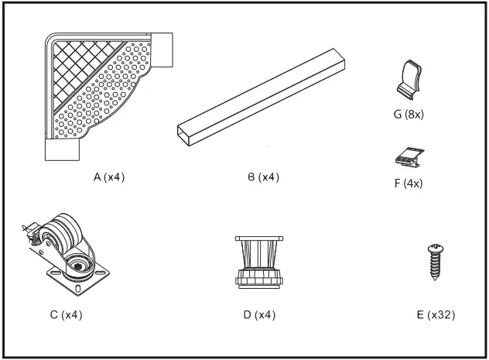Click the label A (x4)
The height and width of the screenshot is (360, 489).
pyautogui.click(x=108, y=177)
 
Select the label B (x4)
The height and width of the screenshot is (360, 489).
pyautogui.click(x=263, y=177)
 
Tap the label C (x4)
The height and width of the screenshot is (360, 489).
pyautogui.click(x=66, y=315)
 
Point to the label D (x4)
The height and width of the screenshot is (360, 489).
pyautogui.click(x=259, y=315)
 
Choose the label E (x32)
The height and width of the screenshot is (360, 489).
pyautogui.click(x=436, y=315)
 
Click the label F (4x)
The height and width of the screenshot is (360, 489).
pyautogui.click(x=408, y=183)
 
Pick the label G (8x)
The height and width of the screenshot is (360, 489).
pyautogui.click(x=408, y=115)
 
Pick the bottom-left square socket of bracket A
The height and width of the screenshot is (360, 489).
pyautogui.click(x=62, y=148)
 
